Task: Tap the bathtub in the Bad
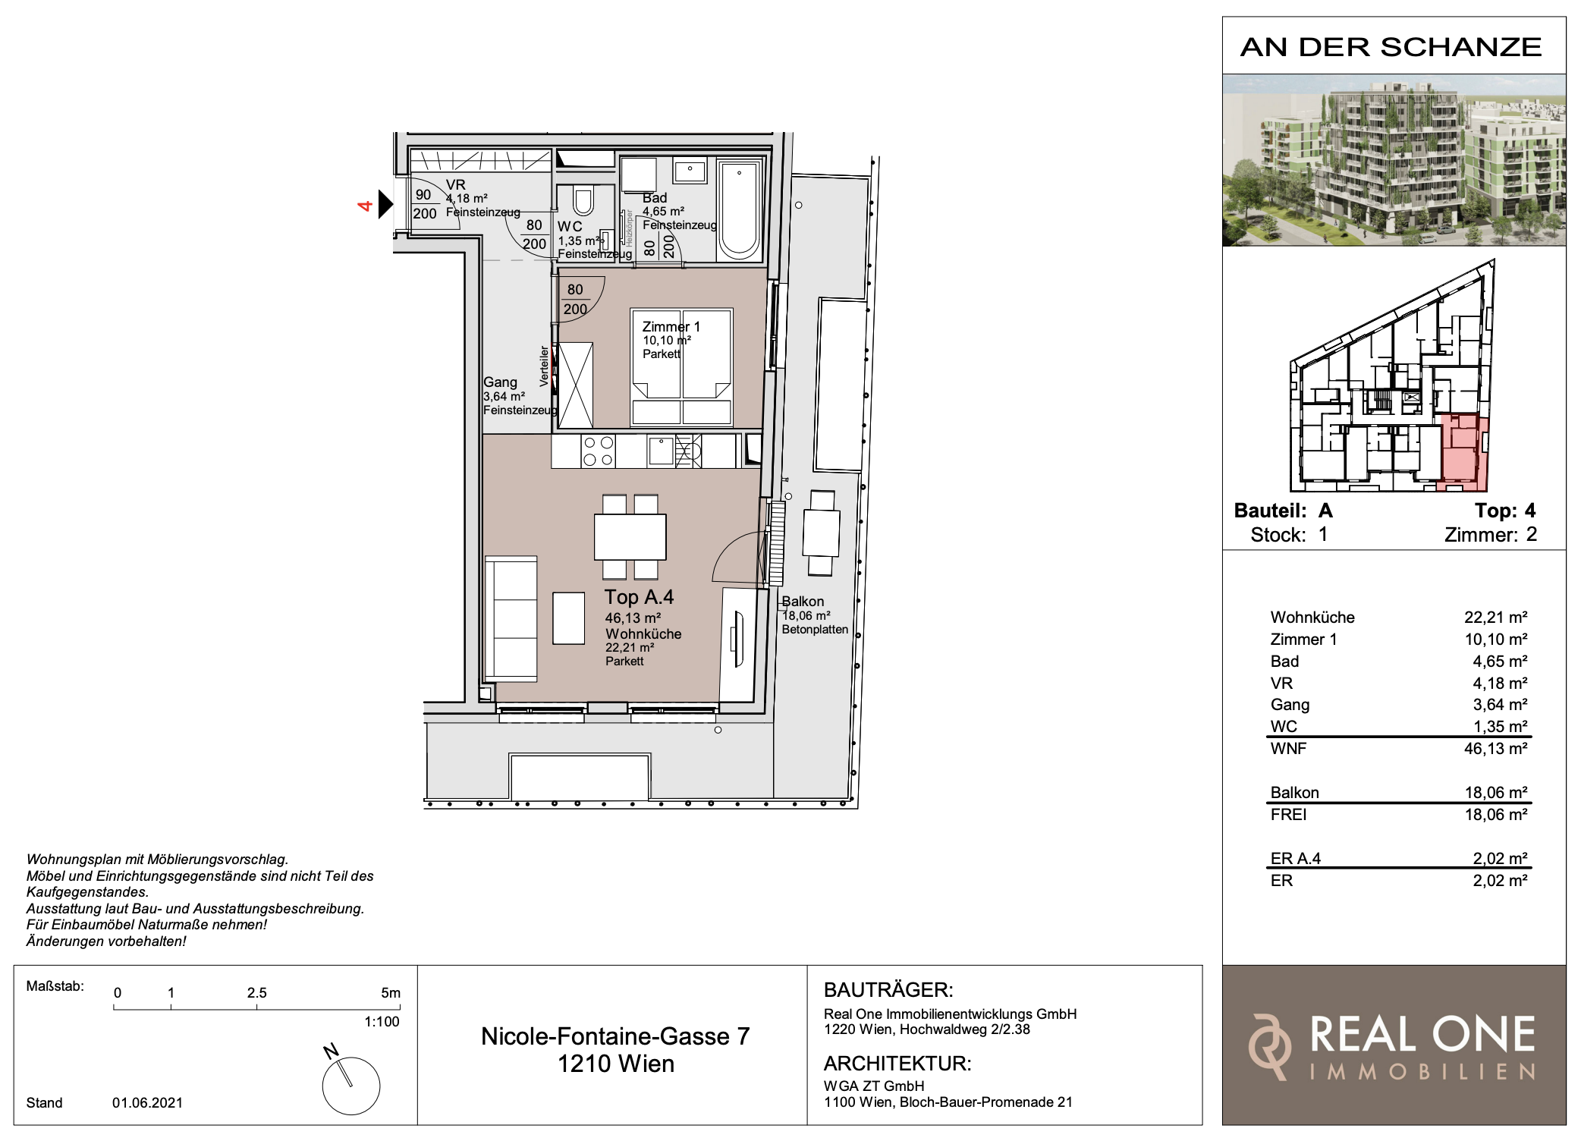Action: [738, 209]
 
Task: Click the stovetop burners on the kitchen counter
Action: [598, 450]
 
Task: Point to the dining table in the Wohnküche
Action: [630, 536]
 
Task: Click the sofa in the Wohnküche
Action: [511, 618]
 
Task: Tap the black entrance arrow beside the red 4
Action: [386, 204]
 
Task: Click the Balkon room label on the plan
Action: [803, 602]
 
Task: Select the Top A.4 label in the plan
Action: [639, 597]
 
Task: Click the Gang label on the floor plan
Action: [500, 382]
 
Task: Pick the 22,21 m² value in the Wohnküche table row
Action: [1495, 618]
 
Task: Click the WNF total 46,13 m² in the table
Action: [1495, 749]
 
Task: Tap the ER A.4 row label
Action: [1295, 859]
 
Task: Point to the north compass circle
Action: [351, 1086]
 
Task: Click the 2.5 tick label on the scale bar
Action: [256, 993]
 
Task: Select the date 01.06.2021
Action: [148, 1103]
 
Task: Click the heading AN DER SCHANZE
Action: [1391, 47]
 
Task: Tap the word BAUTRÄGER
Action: [888, 990]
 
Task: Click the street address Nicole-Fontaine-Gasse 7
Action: [615, 1036]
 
